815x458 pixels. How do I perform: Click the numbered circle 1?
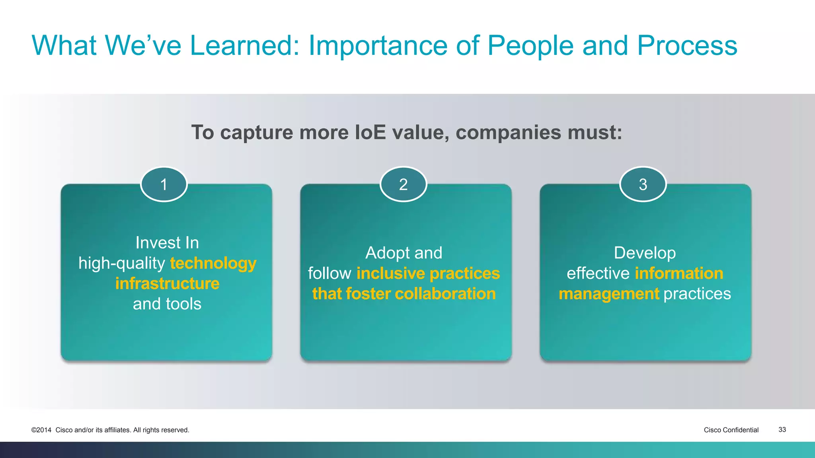[164, 184]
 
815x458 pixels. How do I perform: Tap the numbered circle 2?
[403, 184]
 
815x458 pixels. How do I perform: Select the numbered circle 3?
[643, 184]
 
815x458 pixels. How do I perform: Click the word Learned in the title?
[244, 45]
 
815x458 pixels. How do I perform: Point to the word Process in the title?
[687, 45]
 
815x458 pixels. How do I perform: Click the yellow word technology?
[213, 264]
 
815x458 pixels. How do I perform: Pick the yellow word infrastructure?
[167, 283]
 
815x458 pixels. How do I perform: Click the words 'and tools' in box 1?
[167, 304]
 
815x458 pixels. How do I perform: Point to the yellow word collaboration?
[445, 294]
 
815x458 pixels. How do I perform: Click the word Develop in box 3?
[645, 253]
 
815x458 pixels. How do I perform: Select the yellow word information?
[679, 274]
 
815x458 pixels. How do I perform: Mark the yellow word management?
[609, 294]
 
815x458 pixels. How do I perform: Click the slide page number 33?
[782, 430]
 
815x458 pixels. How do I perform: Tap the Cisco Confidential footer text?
[731, 430]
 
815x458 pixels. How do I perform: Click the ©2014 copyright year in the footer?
[41, 430]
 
